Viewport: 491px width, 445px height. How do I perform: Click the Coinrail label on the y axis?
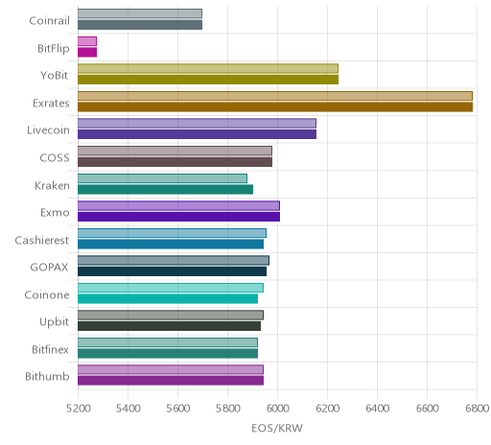49,21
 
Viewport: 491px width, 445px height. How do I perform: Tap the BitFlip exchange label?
54,49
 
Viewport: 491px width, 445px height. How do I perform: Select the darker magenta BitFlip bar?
87,52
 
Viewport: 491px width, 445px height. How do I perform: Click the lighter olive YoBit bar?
208,68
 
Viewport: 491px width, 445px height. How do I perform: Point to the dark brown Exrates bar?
275,106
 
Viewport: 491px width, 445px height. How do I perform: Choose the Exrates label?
51,104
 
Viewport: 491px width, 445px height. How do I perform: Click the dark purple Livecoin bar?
197,134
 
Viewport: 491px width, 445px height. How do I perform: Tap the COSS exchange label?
55,158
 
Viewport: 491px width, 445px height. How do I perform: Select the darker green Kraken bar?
165,189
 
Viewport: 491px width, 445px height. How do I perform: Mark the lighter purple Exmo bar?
178,205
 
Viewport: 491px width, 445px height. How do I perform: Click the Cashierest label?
42,240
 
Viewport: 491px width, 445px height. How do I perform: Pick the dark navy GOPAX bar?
172,271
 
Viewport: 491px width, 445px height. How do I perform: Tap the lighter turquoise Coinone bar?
171,288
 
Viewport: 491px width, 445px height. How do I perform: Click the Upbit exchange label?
54,322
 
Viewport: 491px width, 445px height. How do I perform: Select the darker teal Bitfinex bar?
168,353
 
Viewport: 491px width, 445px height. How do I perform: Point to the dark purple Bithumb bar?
171,381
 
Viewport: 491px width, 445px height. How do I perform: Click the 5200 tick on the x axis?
78,409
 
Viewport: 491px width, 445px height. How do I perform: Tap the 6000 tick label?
277,409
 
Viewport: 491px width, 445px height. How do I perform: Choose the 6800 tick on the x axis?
477,409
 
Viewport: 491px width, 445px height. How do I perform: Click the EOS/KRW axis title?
277,428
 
